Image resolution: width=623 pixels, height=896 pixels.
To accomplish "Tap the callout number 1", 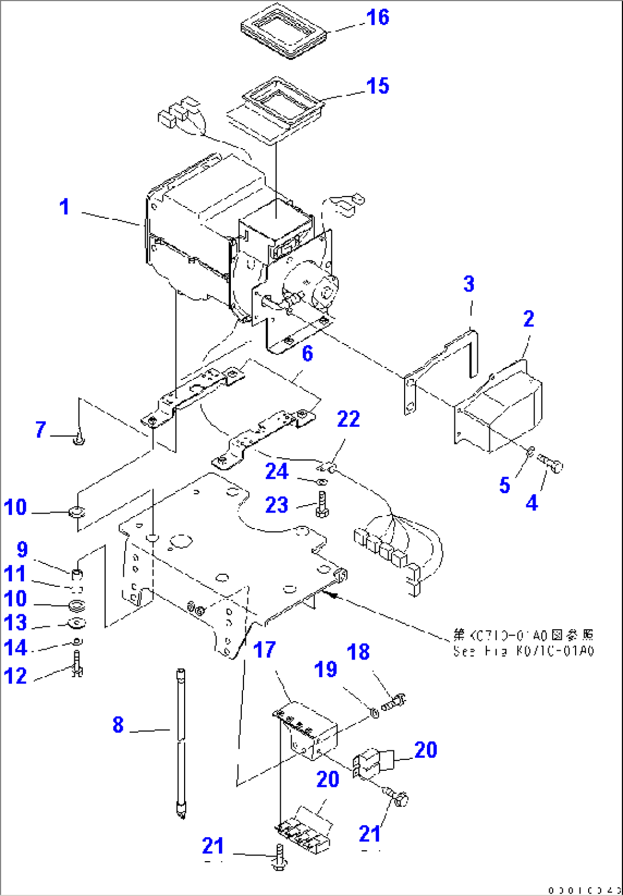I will (x=66, y=207).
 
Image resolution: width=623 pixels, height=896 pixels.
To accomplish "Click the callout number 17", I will (x=264, y=650).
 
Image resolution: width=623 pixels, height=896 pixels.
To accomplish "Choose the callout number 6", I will (x=307, y=355).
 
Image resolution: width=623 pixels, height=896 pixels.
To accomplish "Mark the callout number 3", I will (x=469, y=283).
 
